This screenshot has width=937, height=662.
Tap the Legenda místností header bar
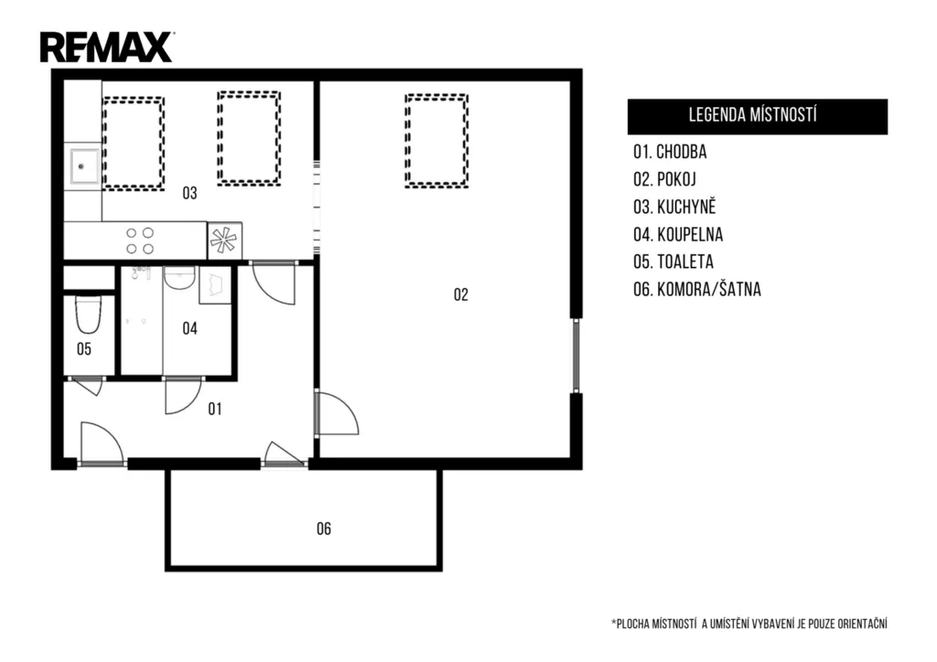point(757,116)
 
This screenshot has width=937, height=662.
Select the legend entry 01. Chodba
point(670,152)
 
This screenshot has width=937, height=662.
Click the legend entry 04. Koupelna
point(678,235)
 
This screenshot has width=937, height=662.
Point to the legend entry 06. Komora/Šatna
point(697,290)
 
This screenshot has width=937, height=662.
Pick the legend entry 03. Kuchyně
point(674,207)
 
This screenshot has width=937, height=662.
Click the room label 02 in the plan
point(461,294)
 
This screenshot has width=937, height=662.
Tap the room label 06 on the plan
point(324,529)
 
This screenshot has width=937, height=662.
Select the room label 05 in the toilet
point(84,349)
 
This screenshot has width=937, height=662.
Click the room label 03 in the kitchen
point(189,193)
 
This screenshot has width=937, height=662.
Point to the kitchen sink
point(82,165)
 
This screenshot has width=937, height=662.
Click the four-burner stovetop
point(140,240)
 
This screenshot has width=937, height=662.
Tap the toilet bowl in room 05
point(88,315)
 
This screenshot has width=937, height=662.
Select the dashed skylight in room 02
point(436,141)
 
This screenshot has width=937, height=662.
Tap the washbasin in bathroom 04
point(179,278)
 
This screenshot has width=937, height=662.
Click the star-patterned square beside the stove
point(225,240)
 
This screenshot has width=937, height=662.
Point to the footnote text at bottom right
point(749,624)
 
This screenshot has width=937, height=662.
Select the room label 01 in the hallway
point(215,409)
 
